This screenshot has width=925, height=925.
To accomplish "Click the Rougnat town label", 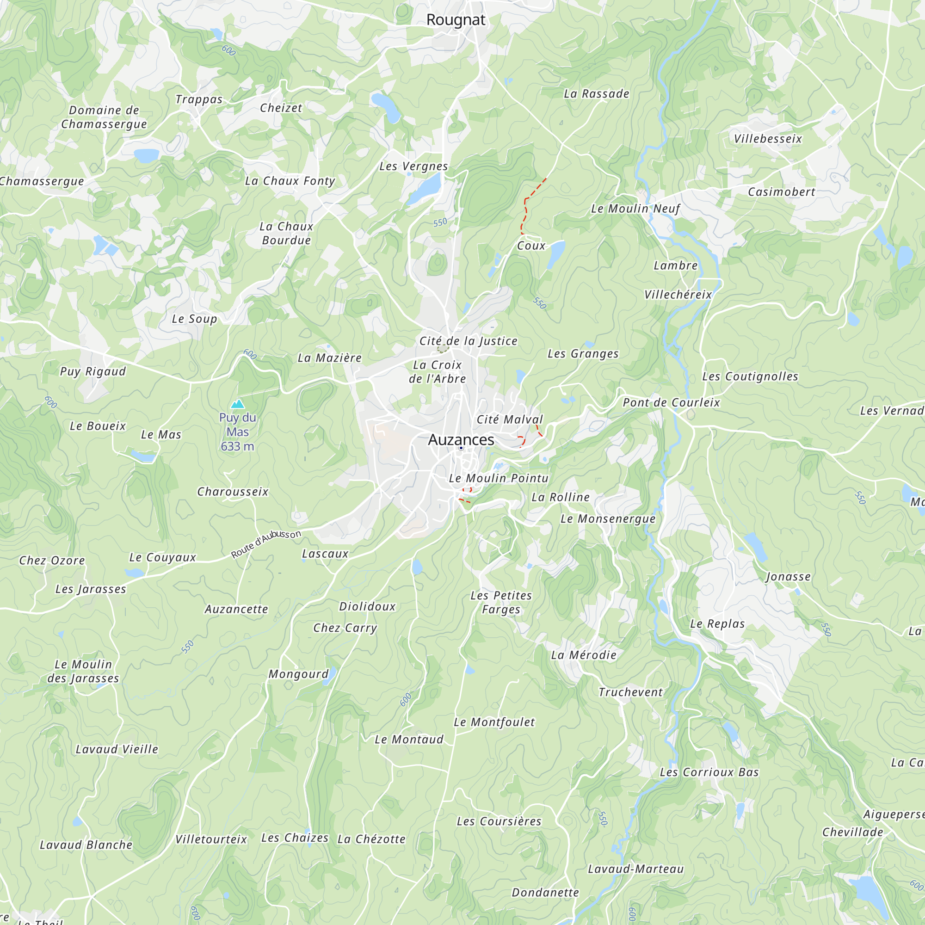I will tap(456, 20).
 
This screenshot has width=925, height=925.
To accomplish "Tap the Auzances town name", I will tap(461, 439).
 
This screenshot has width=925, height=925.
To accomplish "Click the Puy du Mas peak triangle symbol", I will tap(237, 404).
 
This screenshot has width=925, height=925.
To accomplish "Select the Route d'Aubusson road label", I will tap(266, 544).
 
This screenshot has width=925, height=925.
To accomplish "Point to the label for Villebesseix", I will tap(768, 139).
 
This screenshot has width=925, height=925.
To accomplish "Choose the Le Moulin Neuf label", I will tap(635, 209).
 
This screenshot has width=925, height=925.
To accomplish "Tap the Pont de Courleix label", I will tap(671, 403).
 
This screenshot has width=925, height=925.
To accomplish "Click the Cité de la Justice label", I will tap(468, 341).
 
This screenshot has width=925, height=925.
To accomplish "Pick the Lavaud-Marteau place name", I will tap(636, 869).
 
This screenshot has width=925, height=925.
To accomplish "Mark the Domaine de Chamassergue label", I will tap(104, 117).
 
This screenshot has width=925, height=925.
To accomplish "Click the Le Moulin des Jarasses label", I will tap(83, 671).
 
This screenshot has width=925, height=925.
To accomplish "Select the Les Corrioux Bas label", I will tap(709, 772).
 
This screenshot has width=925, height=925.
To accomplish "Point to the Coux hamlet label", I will tap(531, 246).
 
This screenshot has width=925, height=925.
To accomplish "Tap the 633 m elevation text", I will tap(237, 446).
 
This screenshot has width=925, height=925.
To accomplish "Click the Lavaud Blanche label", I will tap(86, 845).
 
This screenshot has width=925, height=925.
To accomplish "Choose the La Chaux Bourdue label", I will tap(286, 233).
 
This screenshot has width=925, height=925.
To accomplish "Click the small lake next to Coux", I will tap(556, 253).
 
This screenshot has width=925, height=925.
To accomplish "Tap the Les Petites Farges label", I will tap(501, 602).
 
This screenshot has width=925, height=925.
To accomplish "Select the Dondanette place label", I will tap(545, 893).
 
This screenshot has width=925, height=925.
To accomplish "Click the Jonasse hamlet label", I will tap(788, 576).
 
